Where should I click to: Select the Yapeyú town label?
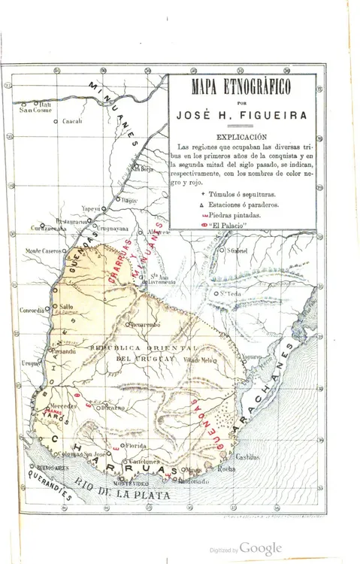tap(90, 208)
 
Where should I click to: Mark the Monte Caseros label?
tap(42, 250)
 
